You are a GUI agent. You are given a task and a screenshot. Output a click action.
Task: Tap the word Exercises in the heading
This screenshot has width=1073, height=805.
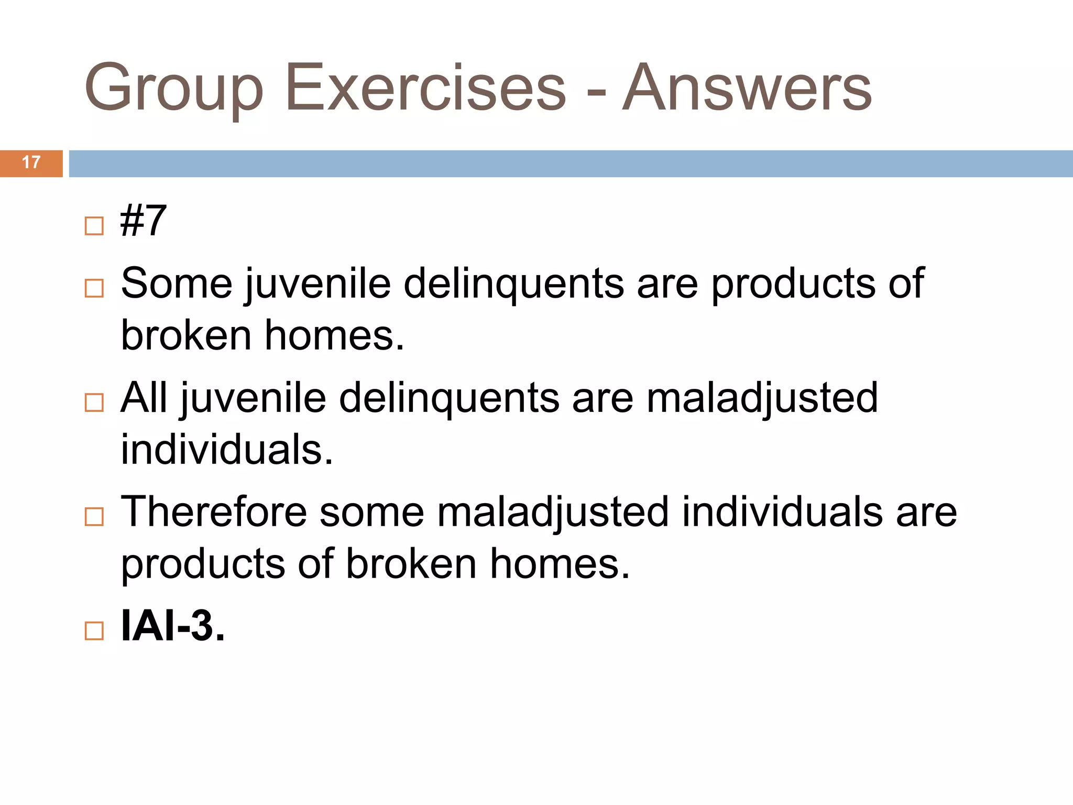coord(425,88)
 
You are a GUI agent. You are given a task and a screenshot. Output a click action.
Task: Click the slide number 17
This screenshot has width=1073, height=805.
coord(31,163)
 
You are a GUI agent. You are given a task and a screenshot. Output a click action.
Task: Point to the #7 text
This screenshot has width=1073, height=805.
coord(143,221)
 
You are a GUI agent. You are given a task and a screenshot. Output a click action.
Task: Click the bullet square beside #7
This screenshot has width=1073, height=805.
coord(94,226)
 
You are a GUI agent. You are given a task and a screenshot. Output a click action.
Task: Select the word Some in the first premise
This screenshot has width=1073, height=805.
coord(177,284)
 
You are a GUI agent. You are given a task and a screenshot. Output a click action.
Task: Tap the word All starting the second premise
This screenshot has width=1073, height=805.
coord(144,398)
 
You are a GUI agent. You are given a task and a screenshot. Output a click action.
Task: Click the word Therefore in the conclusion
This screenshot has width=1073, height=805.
coord(214,512)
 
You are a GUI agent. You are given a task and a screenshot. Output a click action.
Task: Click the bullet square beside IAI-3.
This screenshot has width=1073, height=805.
coord(94,631)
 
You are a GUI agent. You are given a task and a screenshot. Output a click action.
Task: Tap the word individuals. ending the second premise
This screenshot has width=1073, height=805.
coord(227,450)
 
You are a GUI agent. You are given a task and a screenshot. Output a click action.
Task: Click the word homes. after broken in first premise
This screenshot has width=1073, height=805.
coord(334,335)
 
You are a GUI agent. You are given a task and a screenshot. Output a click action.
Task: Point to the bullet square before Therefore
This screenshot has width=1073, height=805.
coord(94,517)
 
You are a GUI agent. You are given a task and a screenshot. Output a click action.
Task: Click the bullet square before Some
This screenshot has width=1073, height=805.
coord(94,288)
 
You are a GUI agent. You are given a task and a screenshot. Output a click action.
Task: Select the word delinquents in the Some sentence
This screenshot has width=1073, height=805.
coord(514,284)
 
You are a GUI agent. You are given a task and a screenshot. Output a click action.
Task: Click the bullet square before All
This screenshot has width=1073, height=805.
coord(94,402)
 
